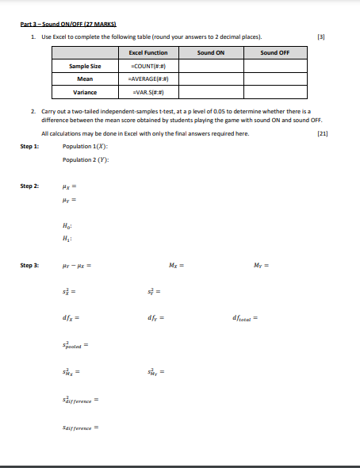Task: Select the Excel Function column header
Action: coord(148,52)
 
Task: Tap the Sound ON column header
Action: coord(210,52)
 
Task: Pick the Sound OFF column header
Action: coord(275,52)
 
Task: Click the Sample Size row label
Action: coord(85,66)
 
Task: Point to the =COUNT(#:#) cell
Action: coord(148,66)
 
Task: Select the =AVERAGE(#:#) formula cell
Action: coord(148,79)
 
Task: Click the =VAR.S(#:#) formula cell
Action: coord(148,91)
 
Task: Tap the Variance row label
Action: coord(85,91)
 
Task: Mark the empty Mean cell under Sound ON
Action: coord(210,79)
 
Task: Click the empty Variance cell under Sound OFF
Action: coord(275,91)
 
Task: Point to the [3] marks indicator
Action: coord(320,37)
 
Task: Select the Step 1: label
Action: coord(29,147)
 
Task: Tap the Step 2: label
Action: coord(29,185)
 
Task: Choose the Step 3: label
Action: coord(29,263)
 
